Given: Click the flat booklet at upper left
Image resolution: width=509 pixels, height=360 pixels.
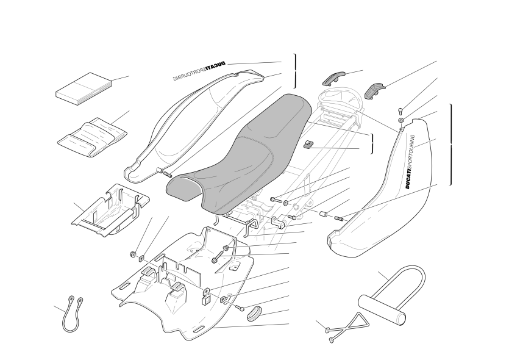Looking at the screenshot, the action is point(84,88).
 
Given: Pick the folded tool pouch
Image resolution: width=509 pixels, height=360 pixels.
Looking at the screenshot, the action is point(92,137).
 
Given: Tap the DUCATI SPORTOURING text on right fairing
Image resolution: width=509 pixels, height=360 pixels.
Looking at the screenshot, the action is point(410,162).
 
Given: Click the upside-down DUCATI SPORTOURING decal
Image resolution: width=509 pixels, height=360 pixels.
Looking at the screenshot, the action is point(199,71).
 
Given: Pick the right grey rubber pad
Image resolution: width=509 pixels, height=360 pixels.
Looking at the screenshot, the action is point(375,90).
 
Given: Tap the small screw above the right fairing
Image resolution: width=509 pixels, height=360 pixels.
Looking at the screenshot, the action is point(400,112).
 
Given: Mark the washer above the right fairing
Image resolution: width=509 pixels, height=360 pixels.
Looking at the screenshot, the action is point(401,121).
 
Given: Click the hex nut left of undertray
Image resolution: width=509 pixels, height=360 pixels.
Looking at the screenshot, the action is point(132,254).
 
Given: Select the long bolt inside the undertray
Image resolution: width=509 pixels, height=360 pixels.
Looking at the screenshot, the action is point(220,254).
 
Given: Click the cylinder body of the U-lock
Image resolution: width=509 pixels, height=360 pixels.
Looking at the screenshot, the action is point(382,308).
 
